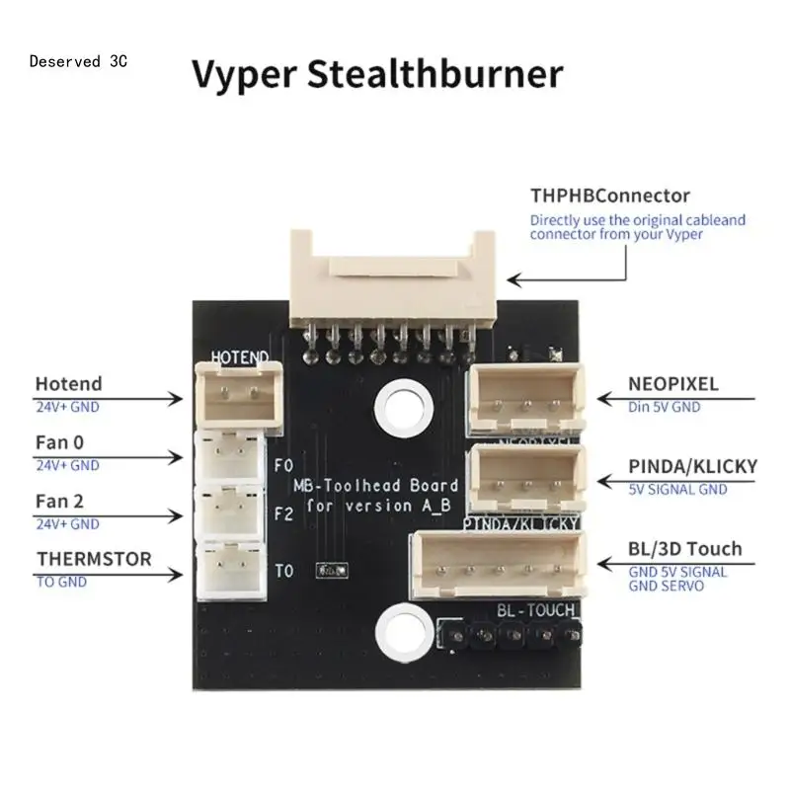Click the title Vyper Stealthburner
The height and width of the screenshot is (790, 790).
point(376,74)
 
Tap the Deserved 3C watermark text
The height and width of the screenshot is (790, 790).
point(78,61)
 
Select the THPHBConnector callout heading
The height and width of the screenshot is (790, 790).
point(609,196)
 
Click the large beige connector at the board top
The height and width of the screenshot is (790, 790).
point(392,274)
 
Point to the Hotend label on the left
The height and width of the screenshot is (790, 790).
point(68,383)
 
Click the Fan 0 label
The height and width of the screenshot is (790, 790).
point(60,442)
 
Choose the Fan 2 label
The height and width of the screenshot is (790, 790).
point(60,501)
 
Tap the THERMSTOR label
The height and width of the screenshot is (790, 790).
point(94,559)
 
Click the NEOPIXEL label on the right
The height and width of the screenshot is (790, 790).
point(673,383)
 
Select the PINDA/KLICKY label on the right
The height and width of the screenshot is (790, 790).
point(693,465)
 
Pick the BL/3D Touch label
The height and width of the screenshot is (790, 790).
point(684,548)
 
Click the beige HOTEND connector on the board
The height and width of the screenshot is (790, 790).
point(236,390)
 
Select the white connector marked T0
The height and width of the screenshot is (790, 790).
point(231,571)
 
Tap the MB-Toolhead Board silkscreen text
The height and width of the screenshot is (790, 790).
point(374,486)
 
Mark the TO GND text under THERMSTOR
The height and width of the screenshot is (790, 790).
point(61,582)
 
